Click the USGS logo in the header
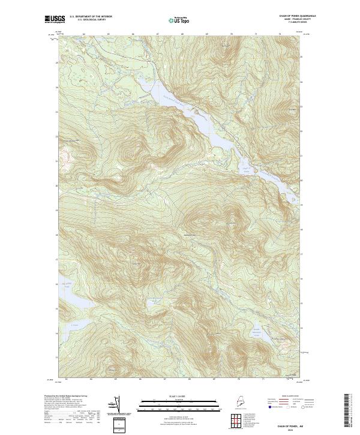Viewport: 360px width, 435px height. coord(54,19)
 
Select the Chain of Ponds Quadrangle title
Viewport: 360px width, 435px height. coord(298,16)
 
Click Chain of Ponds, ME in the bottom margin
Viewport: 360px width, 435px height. coord(298,424)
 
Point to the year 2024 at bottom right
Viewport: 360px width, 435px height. coord(298,429)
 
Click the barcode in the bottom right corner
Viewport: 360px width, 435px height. coord(347,411)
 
